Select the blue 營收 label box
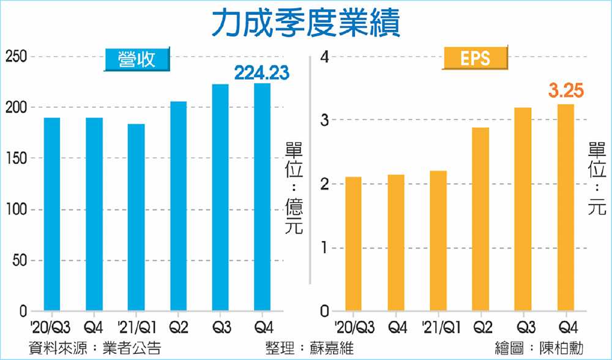click(x=136, y=59)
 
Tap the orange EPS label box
click(x=476, y=59)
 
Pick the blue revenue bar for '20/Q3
click(x=52, y=214)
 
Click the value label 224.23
click(x=262, y=73)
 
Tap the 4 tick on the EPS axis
click(x=324, y=57)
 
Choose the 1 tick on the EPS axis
click(x=325, y=248)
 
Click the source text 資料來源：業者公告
click(x=95, y=348)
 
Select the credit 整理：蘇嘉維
click(x=310, y=348)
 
